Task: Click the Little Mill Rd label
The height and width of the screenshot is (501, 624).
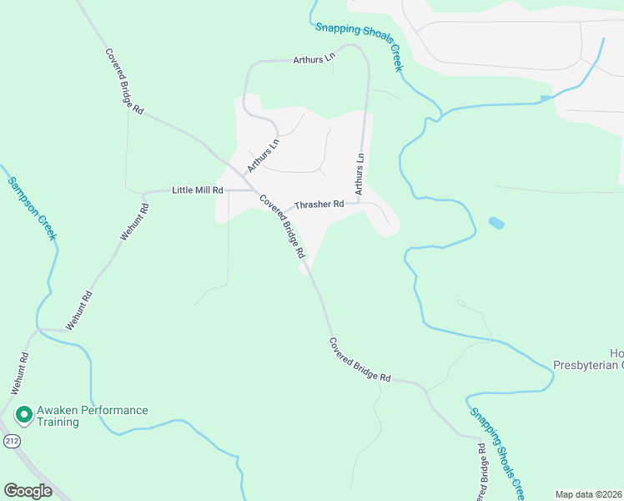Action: coord(198,190)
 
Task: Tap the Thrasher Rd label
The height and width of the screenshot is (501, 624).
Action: coord(320,204)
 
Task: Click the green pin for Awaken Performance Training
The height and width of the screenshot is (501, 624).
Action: coord(23,414)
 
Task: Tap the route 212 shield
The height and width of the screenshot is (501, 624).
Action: coord(11,440)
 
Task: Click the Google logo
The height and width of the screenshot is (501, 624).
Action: coord(28,491)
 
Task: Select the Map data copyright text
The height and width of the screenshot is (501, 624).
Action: coord(589,494)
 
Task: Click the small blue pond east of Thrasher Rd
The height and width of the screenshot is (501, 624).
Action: coord(496,223)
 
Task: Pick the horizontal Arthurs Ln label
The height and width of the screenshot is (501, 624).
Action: coord(314,60)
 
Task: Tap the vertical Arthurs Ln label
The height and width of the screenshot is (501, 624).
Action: coord(360,175)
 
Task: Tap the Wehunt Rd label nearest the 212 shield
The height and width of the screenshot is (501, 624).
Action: coord(20,373)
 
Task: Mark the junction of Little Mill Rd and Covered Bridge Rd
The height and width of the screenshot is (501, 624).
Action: coord(253,190)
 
